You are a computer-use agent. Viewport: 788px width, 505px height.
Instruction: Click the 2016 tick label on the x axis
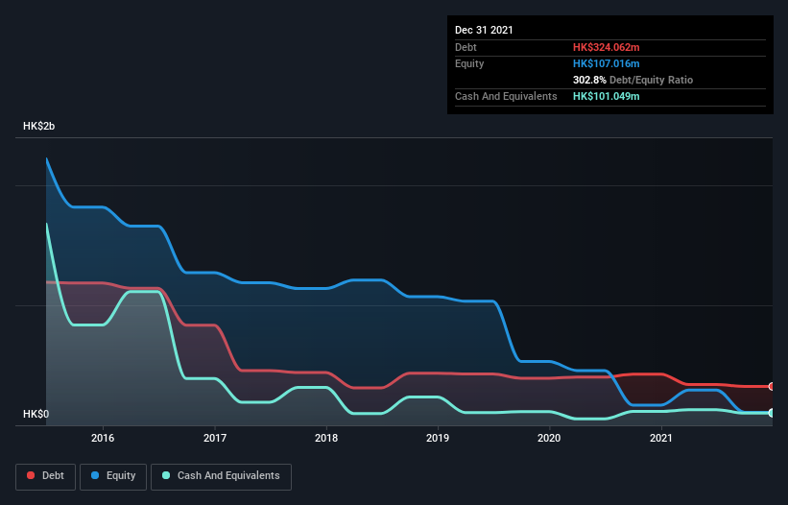coord(103,438)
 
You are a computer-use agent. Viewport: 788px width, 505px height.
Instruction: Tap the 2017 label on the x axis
coord(215,438)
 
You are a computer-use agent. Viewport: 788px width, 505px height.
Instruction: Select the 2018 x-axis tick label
coord(326,438)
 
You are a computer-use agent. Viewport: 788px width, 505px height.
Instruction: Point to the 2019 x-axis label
coord(438,438)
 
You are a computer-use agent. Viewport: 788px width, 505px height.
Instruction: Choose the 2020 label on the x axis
coord(549,438)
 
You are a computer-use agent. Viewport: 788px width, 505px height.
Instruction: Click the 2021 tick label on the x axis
coord(660,438)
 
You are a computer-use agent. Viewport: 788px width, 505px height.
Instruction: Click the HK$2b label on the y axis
coord(39,127)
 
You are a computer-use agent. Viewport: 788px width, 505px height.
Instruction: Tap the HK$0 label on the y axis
coord(36,415)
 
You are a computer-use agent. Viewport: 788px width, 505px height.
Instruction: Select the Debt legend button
coord(45,475)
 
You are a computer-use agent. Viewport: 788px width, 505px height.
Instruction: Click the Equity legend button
coord(115,475)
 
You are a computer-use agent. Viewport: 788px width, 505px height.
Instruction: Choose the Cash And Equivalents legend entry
coord(221,475)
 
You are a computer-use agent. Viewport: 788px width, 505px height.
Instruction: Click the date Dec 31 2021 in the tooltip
coord(484,30)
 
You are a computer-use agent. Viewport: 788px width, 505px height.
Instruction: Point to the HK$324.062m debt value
coord(606,47)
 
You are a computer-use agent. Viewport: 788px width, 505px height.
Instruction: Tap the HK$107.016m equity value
coord(606,63)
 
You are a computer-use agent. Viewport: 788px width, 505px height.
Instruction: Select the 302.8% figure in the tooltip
coord(588,80)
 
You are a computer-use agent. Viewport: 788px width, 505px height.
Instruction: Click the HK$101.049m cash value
coord(606,97)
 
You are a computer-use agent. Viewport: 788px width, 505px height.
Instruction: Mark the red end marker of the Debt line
coord(771,386)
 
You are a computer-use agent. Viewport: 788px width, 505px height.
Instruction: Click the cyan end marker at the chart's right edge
coord(771,413)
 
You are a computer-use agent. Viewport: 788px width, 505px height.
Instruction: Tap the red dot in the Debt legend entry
coord(32,475)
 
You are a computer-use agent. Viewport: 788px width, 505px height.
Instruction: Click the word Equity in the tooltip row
coord(469,63)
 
